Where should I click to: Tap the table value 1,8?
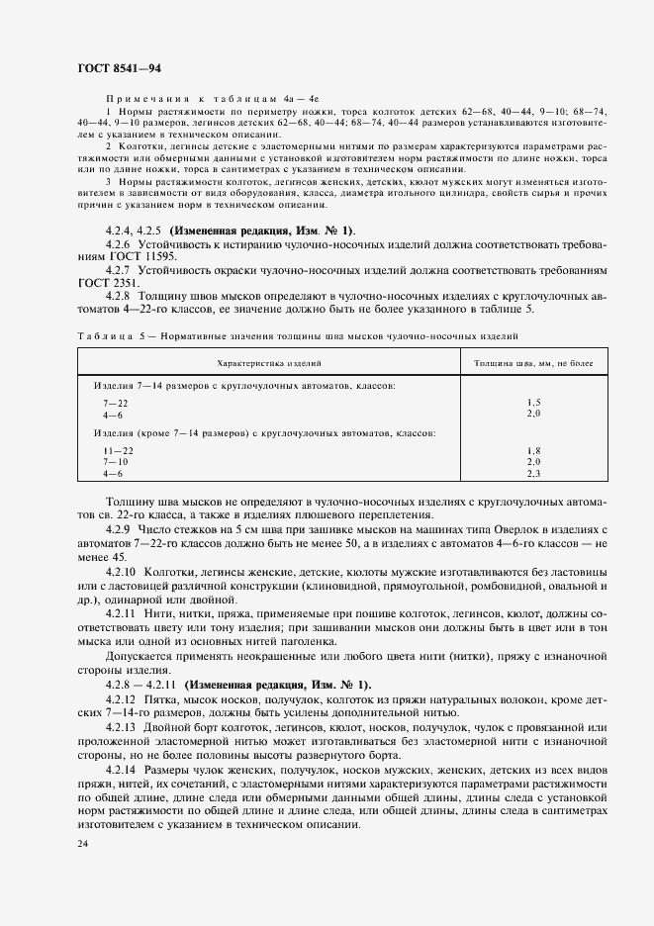pyautogui.click(x=533, y=450)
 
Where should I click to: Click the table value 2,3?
pyautogui.click(x=533, y=474)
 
